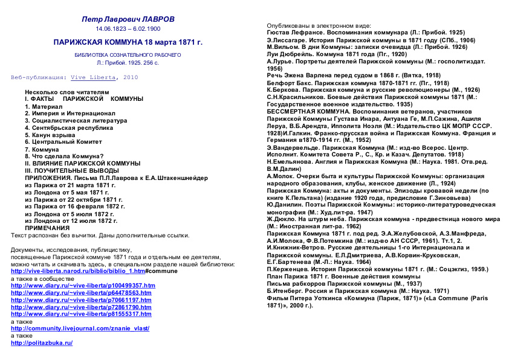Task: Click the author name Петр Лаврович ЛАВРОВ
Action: [128, 19]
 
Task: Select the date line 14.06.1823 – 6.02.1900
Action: [128, 28]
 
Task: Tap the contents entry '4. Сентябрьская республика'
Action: [69, 128]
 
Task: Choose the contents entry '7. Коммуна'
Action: [42, 149]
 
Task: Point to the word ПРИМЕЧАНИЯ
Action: [47, 228]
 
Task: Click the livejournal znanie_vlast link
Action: [80, 329]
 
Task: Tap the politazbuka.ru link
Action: [42, 343]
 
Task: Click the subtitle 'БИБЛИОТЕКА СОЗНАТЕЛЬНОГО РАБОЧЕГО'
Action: [128, 55]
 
